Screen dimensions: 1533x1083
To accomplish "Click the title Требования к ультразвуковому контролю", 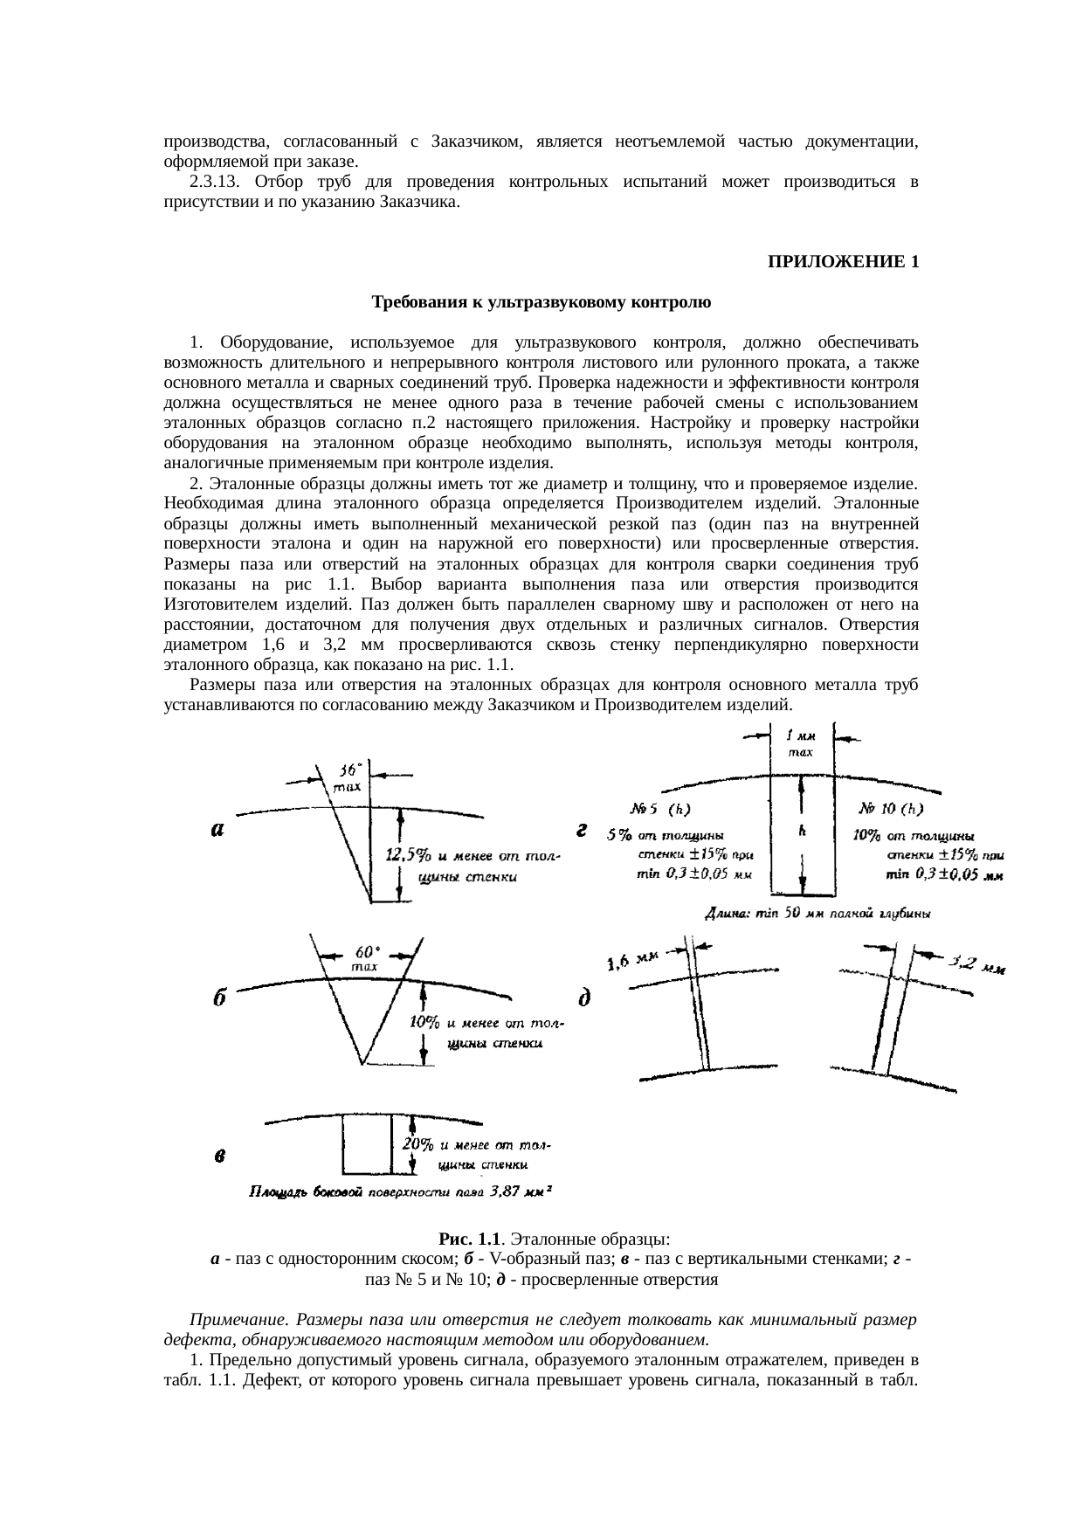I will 541,303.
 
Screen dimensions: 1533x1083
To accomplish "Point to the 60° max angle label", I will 364,957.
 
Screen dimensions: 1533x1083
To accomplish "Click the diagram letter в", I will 222,1157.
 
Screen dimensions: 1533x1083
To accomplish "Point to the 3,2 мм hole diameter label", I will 976,964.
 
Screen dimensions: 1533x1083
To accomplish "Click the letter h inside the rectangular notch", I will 802,831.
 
